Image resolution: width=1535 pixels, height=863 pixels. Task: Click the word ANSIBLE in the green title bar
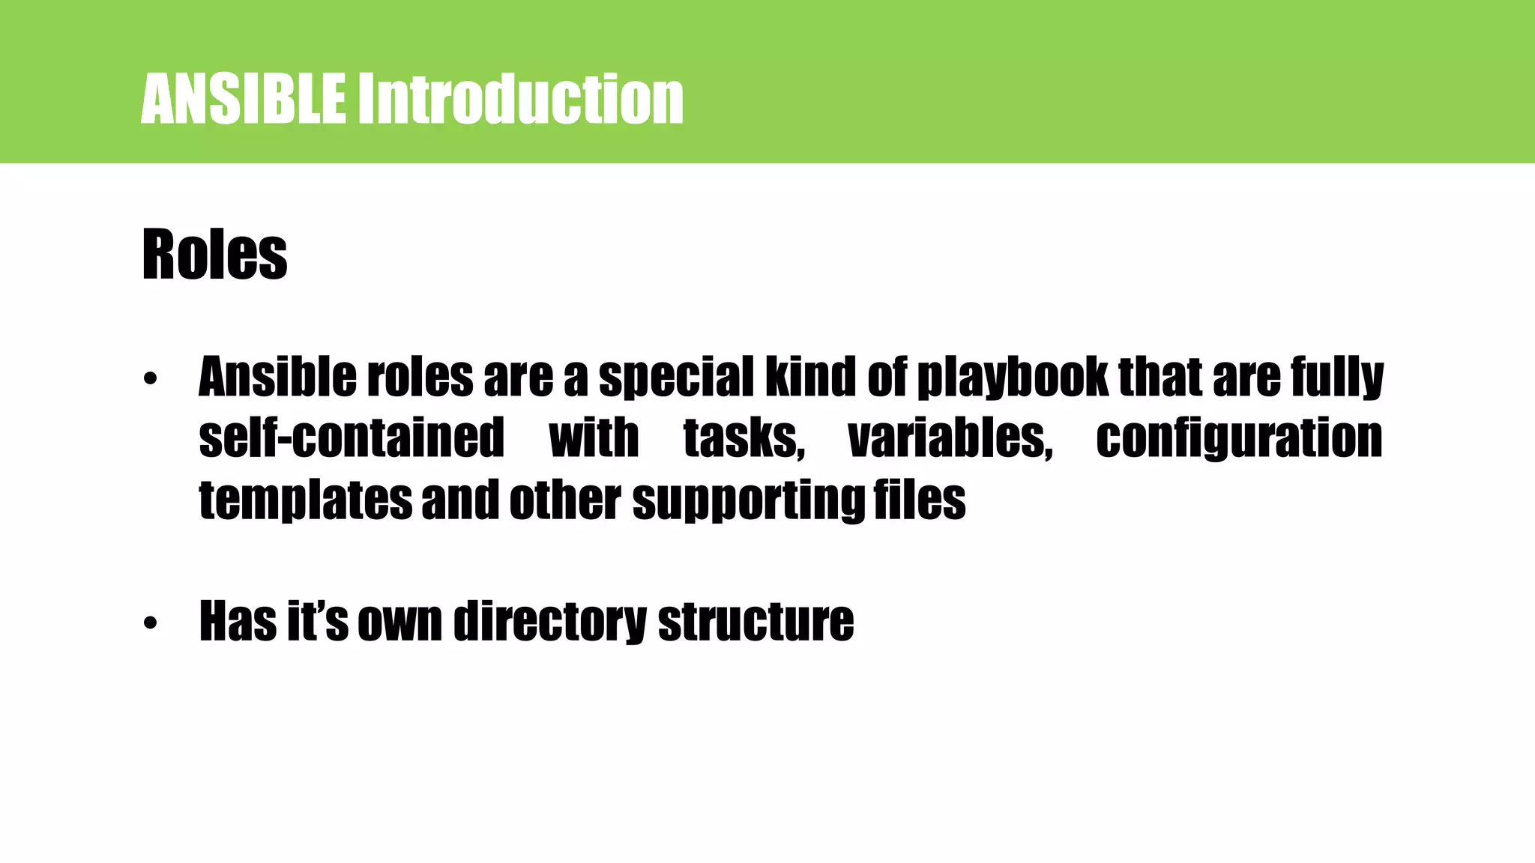(243, 99)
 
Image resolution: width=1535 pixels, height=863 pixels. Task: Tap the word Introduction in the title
(519, 99)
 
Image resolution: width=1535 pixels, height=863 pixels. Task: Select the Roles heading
(214, 255)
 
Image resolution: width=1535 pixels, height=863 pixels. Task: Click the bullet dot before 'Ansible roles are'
(151, 379)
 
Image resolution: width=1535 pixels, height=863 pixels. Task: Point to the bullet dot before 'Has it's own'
(151, 623)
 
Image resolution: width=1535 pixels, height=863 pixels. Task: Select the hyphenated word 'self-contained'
(352, 438)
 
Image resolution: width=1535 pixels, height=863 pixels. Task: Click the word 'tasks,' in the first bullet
(744, 438)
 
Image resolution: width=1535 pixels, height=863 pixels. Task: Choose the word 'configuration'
(1239, 438)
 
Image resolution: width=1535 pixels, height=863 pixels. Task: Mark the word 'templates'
(305, 500)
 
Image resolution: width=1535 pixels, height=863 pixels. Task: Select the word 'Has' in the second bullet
(238, 622)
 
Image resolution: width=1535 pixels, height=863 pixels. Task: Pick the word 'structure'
(756, 622)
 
